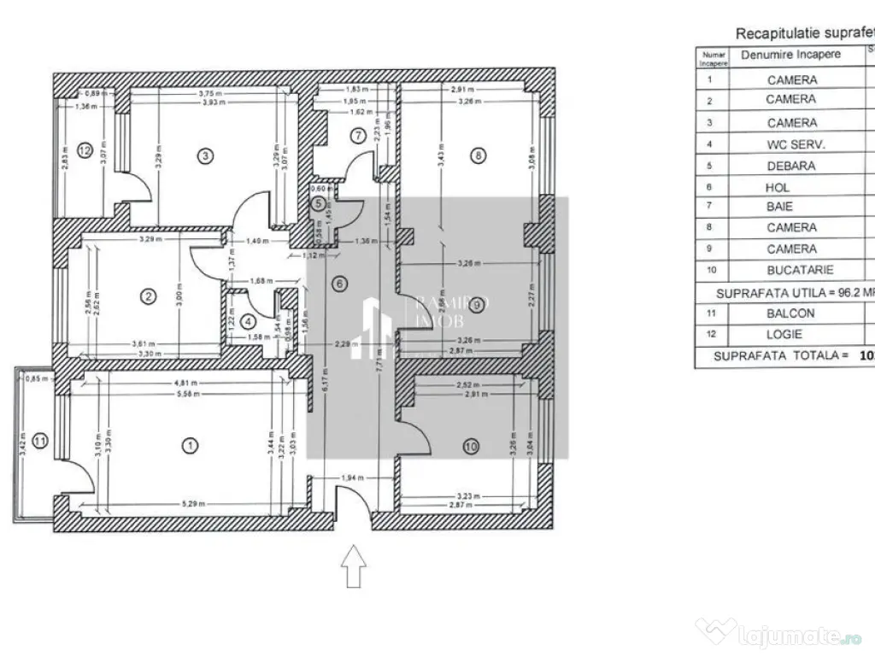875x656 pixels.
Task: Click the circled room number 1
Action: [x=190, y=444]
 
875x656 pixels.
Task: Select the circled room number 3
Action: [x=203, y=155]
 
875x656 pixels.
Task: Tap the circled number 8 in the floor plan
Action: [x=478, y=155]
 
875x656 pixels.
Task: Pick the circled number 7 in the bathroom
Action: [x=358, y=134]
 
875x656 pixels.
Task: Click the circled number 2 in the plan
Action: [x=149, y=296]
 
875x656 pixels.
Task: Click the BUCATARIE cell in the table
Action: [x=790, y=270]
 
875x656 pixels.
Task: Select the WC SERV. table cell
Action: [x=790, y=144]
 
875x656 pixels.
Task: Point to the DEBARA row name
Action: [x=790, y=166]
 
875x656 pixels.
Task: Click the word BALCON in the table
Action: [x=790, y=313]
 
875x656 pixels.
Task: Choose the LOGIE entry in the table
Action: [x=784, y=334]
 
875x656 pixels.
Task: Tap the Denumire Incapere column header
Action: [x=790, y=55]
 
